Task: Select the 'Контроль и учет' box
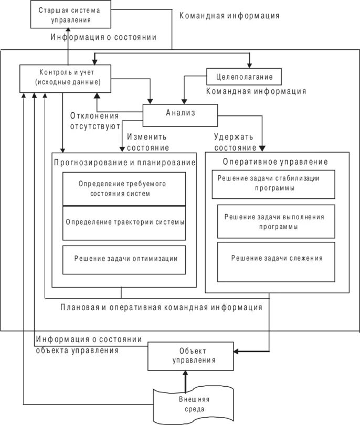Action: (x=67, y=77)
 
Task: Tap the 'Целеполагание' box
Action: (x=244, y=77)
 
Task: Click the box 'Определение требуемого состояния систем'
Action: (x=124, y=189)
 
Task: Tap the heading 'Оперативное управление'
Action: (x=276, y=162)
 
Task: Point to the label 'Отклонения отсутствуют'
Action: (x=94, y=121)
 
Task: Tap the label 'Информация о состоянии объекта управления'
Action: (x=89, y=344)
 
